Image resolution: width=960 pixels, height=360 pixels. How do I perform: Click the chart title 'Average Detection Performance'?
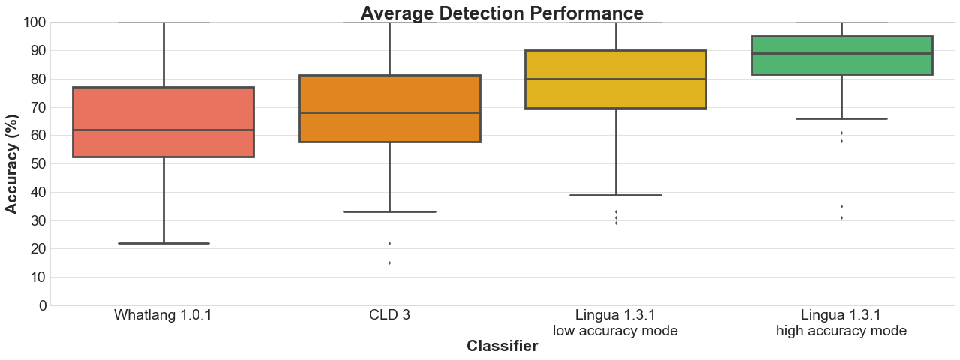click(502, 13)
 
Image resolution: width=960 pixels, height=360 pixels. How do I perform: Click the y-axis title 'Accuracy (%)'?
click(12, 163)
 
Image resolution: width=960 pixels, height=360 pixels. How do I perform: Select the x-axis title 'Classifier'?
click(502, 346)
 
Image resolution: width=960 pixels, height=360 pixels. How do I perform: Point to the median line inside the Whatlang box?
click(163, 130)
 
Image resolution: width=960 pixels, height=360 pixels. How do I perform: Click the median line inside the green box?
click(841, 53)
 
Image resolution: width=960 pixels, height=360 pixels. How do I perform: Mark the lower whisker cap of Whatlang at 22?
click(163, 243)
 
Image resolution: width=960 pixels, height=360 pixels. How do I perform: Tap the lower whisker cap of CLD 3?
click(389, 211)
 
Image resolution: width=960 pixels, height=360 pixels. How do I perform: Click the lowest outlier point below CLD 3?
click(389, 262)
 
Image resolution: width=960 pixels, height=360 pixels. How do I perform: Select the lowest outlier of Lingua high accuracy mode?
click(841, 217)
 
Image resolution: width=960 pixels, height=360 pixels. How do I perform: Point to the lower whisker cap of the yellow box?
click(616, 195)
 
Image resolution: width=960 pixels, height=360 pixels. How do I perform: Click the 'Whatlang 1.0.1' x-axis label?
click(163, 315)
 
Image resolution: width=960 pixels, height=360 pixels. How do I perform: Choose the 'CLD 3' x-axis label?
click(389, 315)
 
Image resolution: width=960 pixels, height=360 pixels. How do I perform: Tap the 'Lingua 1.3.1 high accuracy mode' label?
click(841, 322)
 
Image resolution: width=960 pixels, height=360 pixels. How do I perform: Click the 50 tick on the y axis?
click(37, 163)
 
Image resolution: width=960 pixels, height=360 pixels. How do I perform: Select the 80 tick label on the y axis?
click(37, 79)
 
